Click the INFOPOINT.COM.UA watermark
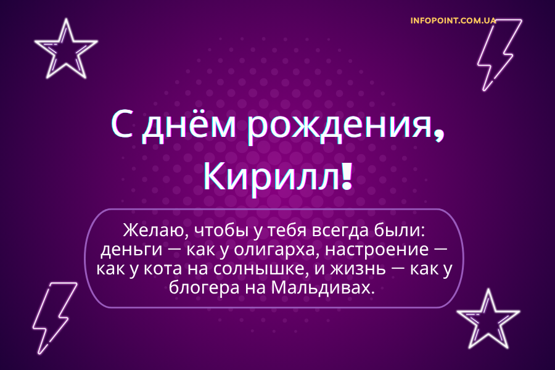pyautogui.click(x=453, y=20)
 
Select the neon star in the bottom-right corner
pyautogui.click(x=487, y=319)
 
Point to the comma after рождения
pyautogui.click(x=438, y=132)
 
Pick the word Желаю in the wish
pyautogui.click(x=154, y=231)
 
